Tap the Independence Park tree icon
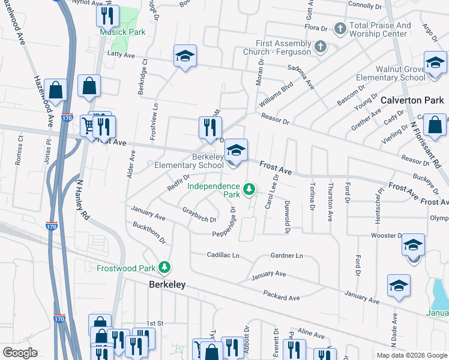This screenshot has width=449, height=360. pos(249,191)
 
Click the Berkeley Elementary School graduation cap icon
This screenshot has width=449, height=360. pos(237,152)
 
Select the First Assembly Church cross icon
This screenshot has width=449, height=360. pos(321,46)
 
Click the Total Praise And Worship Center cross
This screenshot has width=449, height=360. pos(340,28)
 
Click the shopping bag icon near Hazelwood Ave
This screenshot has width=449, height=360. pos(56,91)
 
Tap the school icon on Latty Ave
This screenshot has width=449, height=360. pos(185,56)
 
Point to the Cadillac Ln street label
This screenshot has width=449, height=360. pos(223,255)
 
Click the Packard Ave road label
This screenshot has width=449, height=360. pos(281,295)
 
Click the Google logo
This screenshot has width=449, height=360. pos(20,353)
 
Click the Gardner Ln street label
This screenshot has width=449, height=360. pos(287,256)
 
